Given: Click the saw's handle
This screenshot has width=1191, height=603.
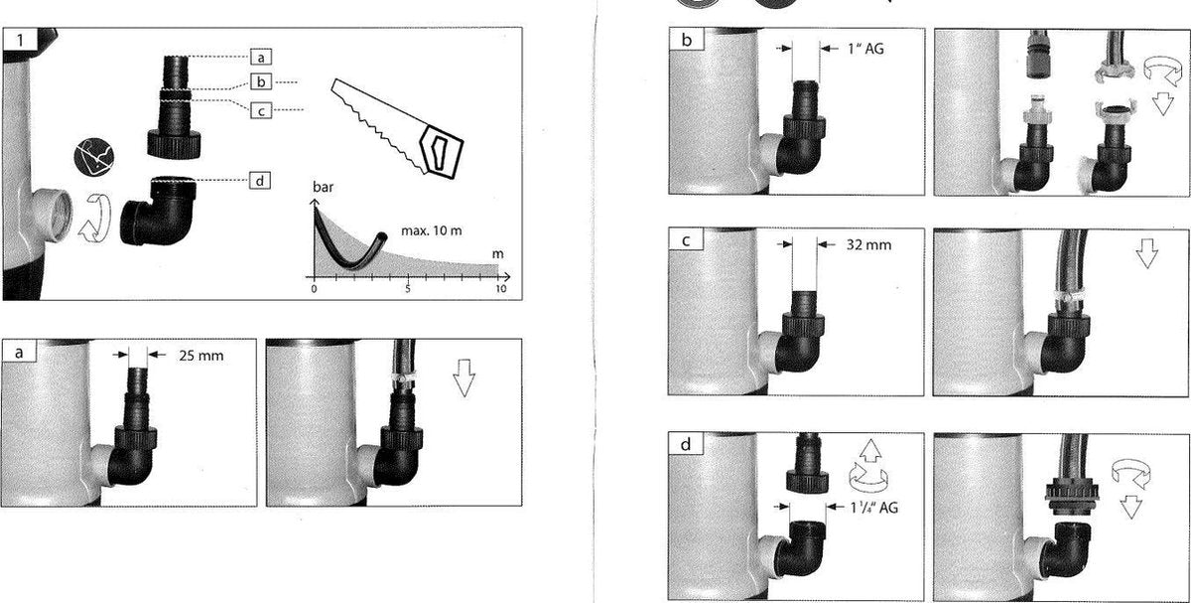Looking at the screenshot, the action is point(442,152).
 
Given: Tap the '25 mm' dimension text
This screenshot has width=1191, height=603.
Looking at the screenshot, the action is point(200,356).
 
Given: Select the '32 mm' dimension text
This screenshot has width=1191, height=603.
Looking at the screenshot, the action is point(868,244).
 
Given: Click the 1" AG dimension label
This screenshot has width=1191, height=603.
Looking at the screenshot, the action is point(865,49).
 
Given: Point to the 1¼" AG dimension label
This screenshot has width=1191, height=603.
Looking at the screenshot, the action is point(874,508).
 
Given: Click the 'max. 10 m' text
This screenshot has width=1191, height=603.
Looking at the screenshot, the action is point(431,231).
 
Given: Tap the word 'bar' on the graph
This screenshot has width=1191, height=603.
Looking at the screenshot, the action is point(323,187).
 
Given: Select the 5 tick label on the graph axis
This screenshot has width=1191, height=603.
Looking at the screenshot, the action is point(408,289).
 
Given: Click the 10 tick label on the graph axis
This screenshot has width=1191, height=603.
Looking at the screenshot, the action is point(501,289).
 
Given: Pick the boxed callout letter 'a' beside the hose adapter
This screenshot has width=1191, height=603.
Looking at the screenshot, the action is point(260,58).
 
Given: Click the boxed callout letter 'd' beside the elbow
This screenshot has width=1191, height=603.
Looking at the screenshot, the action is point(260,181).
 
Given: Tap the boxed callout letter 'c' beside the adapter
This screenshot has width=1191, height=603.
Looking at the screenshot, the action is point(260,110).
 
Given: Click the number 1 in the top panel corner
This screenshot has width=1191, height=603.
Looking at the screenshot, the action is point(20,40).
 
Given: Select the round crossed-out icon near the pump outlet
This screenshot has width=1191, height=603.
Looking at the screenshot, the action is point(94,157).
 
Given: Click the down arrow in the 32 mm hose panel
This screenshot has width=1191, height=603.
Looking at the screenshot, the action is point(1147,253).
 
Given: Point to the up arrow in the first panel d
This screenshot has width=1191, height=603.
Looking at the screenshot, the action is point(870,451).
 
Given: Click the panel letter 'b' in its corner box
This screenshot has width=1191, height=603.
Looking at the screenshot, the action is point(687,40).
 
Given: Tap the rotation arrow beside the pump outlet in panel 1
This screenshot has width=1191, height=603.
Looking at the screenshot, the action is point(94,219).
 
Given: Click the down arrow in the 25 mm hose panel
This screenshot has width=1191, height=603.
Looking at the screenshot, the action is point(463,377).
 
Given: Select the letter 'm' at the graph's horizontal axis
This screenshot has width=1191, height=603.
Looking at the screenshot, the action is point(497,254).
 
